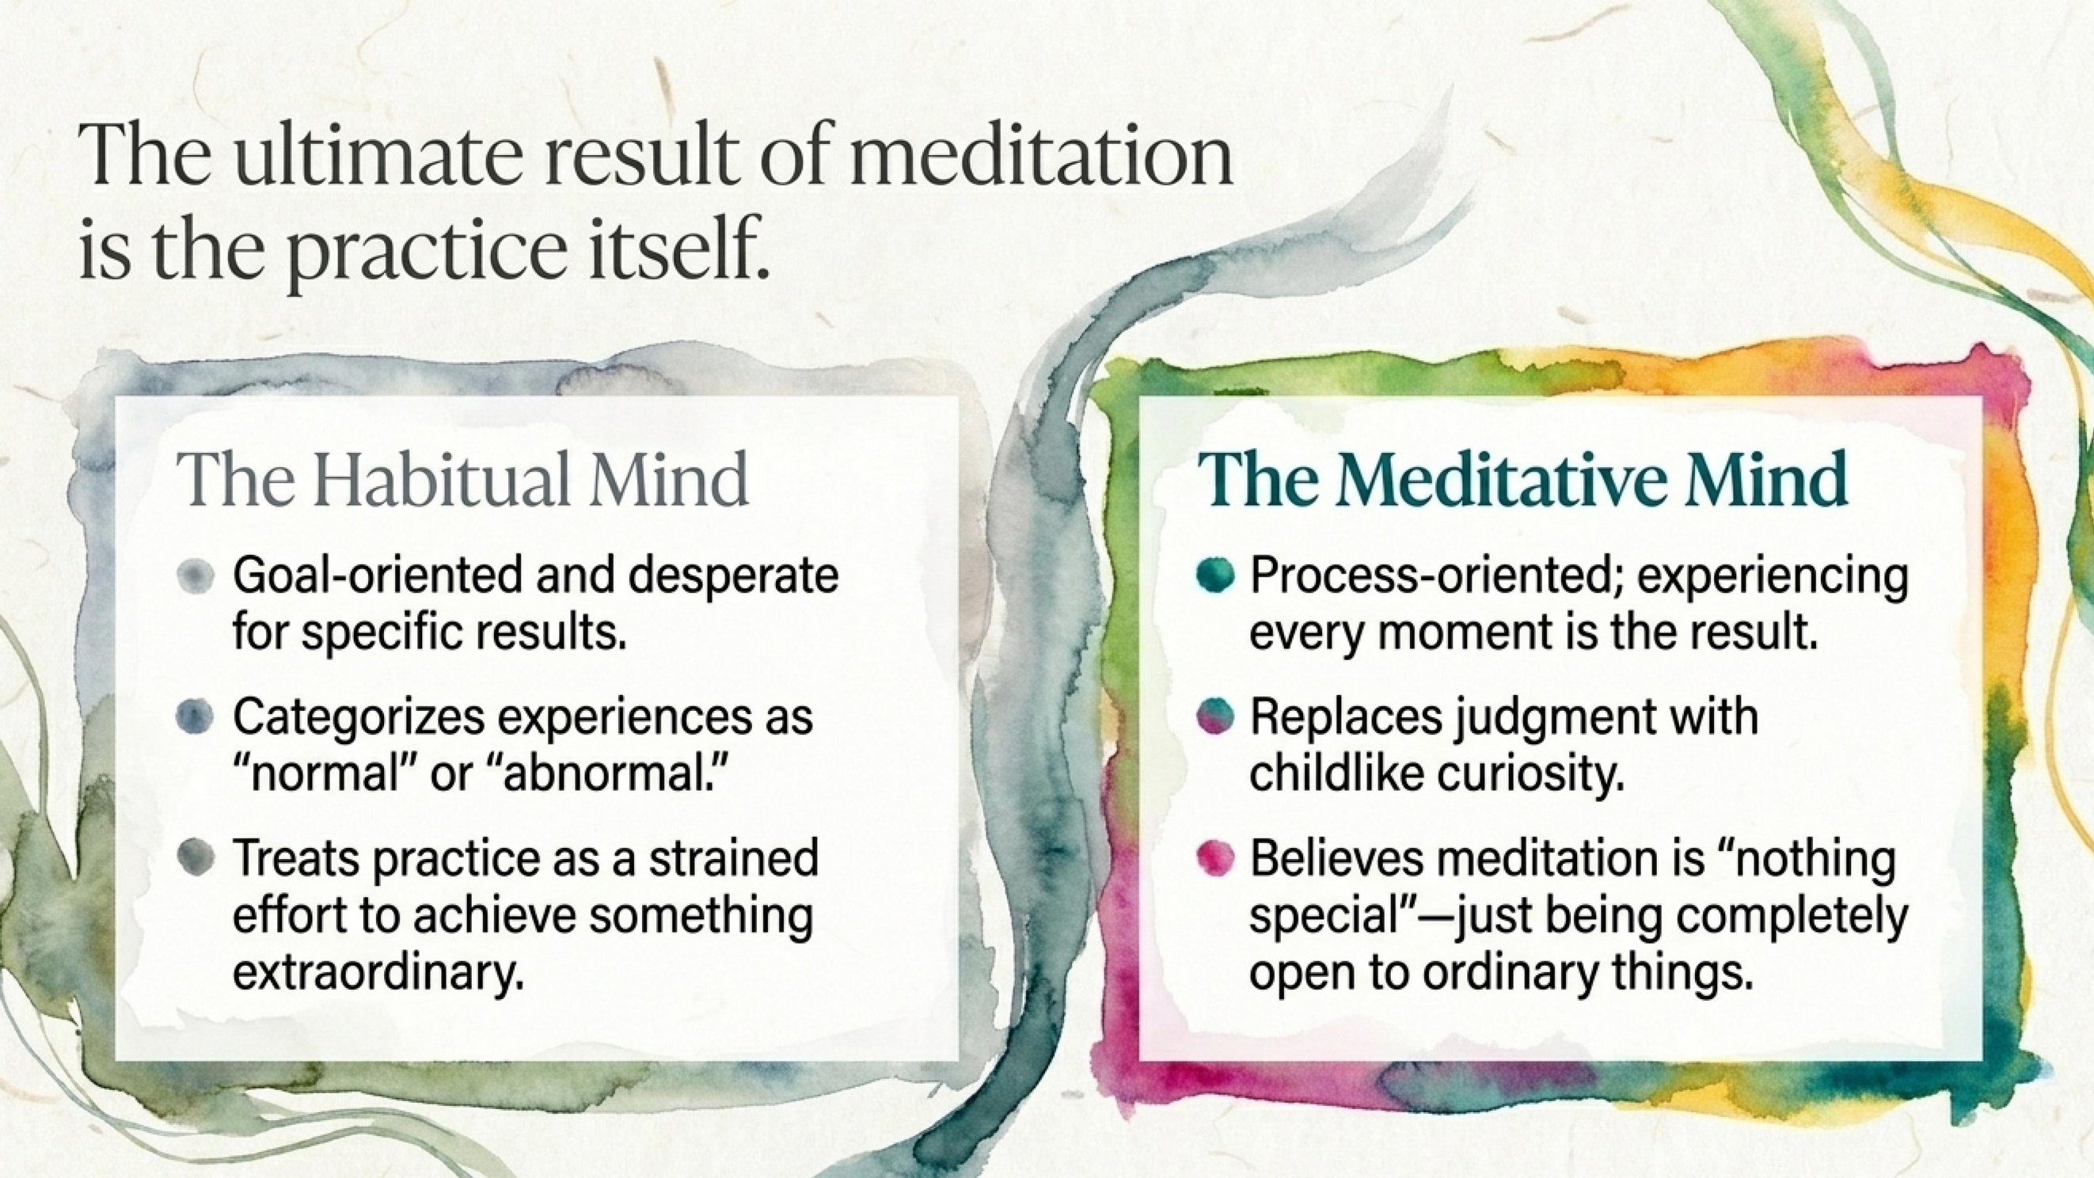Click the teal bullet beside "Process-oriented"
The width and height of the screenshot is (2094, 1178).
tap(1216, 576)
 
